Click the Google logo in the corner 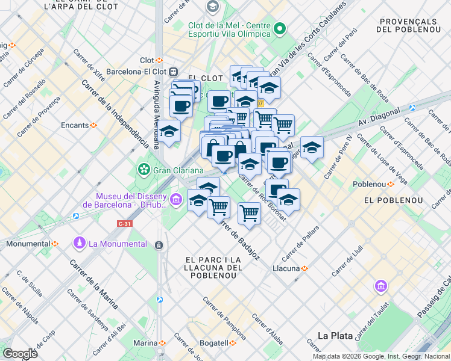click(20, 353)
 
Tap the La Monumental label click(117, 244)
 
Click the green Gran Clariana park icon click(144, 170)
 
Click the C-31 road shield click(124, 223)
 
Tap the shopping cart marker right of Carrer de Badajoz click(249, 212)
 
